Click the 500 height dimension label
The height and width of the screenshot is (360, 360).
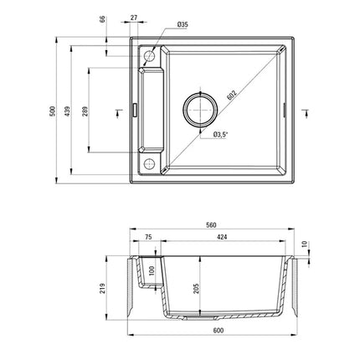(53, 111)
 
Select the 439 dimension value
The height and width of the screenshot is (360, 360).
(67, 111)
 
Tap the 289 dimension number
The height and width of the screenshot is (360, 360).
(85, 111)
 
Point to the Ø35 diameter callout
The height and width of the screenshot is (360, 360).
(183, 24)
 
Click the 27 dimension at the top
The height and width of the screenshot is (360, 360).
(134, 18)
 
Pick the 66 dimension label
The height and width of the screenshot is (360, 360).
(103, 19)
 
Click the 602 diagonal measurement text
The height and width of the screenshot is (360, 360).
(232, 95)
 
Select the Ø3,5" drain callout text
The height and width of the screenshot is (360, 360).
(220, 135)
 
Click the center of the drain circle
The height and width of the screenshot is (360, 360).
(200, 110)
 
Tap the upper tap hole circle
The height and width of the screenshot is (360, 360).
(149, 56)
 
